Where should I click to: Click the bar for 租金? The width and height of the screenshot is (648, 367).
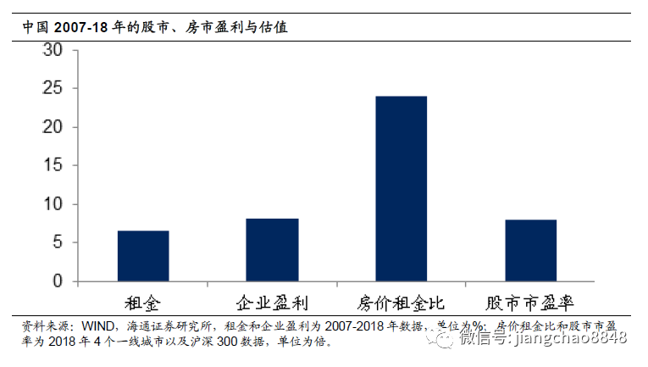[142, 255]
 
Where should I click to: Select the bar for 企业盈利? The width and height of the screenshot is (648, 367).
[272, 249]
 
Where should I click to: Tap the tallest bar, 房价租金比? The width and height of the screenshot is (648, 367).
[402, 188]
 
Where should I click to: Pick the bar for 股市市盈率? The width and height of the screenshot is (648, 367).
[530, 250]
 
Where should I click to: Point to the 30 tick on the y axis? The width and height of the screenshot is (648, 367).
[53, 50]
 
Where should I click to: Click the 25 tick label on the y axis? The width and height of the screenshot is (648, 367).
[53, 89]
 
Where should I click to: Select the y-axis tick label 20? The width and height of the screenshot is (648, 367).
[53, 127]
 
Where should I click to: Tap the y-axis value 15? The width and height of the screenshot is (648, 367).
[53, 166]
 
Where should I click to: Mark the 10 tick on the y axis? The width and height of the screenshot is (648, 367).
[53, 204]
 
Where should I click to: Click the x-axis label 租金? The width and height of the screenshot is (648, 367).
[142, 303]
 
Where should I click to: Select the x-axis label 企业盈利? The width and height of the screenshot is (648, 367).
[272, 303]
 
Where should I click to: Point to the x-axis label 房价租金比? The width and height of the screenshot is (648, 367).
[402, 303]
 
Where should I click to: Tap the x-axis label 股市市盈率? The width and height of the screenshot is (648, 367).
[530, 303]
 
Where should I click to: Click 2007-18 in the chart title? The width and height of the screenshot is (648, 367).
[83, 27]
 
